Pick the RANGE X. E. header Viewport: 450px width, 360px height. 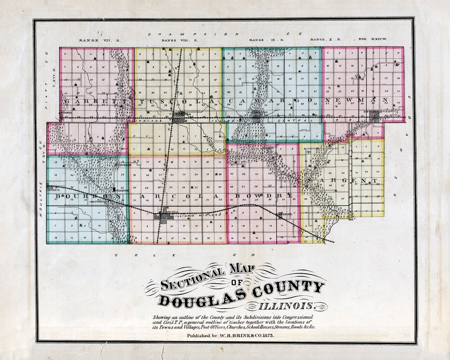click(x=325, y=40)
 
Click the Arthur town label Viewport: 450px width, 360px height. click(x=54, y=190)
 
